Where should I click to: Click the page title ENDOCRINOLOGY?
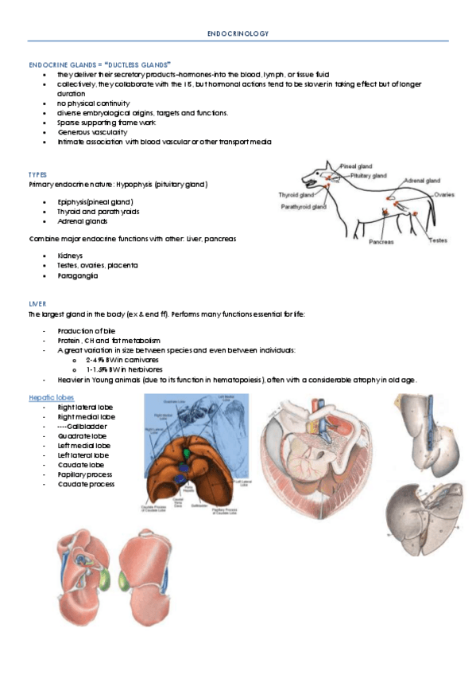point(238,33)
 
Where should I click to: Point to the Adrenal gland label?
point(422,181)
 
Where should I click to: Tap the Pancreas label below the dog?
point(381,241)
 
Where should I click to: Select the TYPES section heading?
point(37,174)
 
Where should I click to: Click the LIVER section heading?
point(37,304)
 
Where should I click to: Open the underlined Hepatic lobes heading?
point(52,396)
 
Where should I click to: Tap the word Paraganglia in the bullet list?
point(78,275)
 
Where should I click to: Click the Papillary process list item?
point(85,474)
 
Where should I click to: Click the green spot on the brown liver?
point(187,451)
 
